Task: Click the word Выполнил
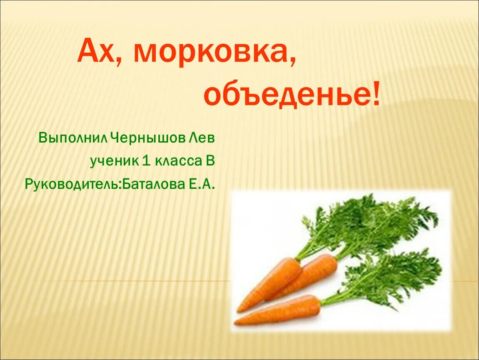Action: pos(73,138)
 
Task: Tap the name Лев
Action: pos(202,138)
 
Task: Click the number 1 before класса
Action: pos(146,161)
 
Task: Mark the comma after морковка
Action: pos(292,62)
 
